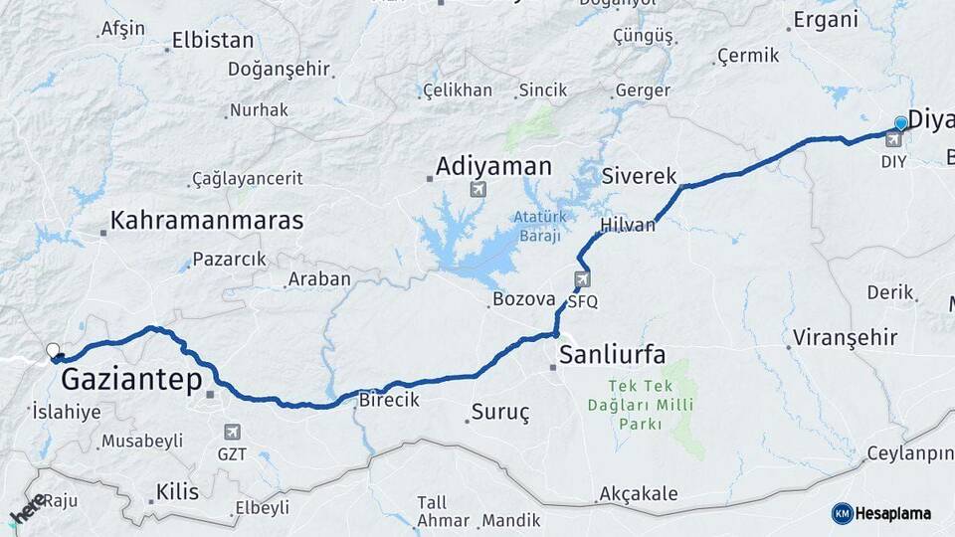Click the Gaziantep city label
coord(131,379)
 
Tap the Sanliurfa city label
coord(612,354)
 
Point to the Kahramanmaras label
coord(207,221)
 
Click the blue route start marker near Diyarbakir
coord(901,123)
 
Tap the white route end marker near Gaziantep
coord(53,350)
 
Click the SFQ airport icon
coord(582,279)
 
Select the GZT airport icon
coord(232,433)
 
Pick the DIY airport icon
coord(893,139)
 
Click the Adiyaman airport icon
coord(478,189)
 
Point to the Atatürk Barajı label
coord(538,226)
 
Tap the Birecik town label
coord(388,399)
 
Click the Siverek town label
coord(639,177)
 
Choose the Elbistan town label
coord(213,42)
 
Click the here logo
coord(28,509)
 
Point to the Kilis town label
coord(178,491)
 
